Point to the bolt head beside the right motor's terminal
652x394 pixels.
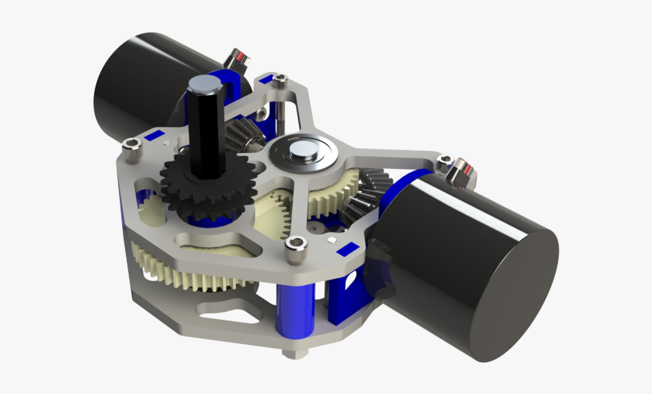pyautogui.click(x=444, y=161)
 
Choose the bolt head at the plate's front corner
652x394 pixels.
pyautogui.click(x=296, y=245)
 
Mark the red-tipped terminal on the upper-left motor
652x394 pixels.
pyautogui.click(x=237, y=58)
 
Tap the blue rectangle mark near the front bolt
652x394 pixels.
pyautogui.click(x=346, y=249)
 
